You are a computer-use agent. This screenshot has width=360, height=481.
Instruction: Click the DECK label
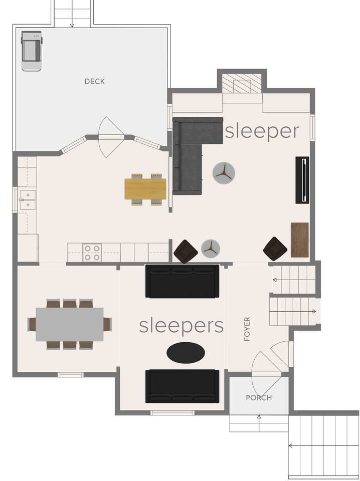click(x=95, y=81)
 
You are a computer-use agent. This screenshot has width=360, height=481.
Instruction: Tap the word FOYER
click(x=247, y=329)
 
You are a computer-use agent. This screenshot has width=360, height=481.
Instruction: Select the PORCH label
click(x=259, y=398)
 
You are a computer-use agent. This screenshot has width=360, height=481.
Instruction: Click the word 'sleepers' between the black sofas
click(x=182, y=326)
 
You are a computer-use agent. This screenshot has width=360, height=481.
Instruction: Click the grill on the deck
click(x=31, y=51)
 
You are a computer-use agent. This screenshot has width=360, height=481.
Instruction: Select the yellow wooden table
click(x=145, y=189)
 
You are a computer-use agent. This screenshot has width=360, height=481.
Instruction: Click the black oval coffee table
click(x=186, y=353)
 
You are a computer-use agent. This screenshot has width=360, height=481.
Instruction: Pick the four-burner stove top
click(x=92, y=253)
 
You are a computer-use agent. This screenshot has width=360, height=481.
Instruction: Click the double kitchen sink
click(x=28, y=200)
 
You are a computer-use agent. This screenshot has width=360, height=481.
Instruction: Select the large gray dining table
click(x=70, y=325)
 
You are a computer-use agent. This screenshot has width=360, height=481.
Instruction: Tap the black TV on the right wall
click(x=302, y=180)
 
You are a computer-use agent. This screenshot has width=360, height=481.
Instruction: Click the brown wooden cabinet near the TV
click(x=299, y=240)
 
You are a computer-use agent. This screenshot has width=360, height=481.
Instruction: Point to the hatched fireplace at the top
click(x=242, y=83)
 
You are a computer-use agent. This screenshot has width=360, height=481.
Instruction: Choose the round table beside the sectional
click(x=224, y=173)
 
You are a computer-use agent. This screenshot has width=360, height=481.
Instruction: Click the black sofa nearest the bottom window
click(x=183, y=386)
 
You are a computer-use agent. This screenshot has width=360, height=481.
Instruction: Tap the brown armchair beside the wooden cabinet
click(x=275, y=249)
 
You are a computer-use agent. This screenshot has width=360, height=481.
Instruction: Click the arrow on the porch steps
click(x=259, y=423)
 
